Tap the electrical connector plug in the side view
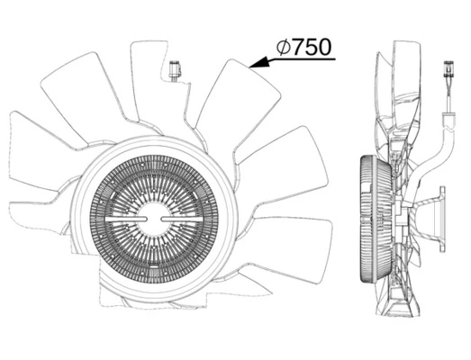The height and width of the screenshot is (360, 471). (448, 68)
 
